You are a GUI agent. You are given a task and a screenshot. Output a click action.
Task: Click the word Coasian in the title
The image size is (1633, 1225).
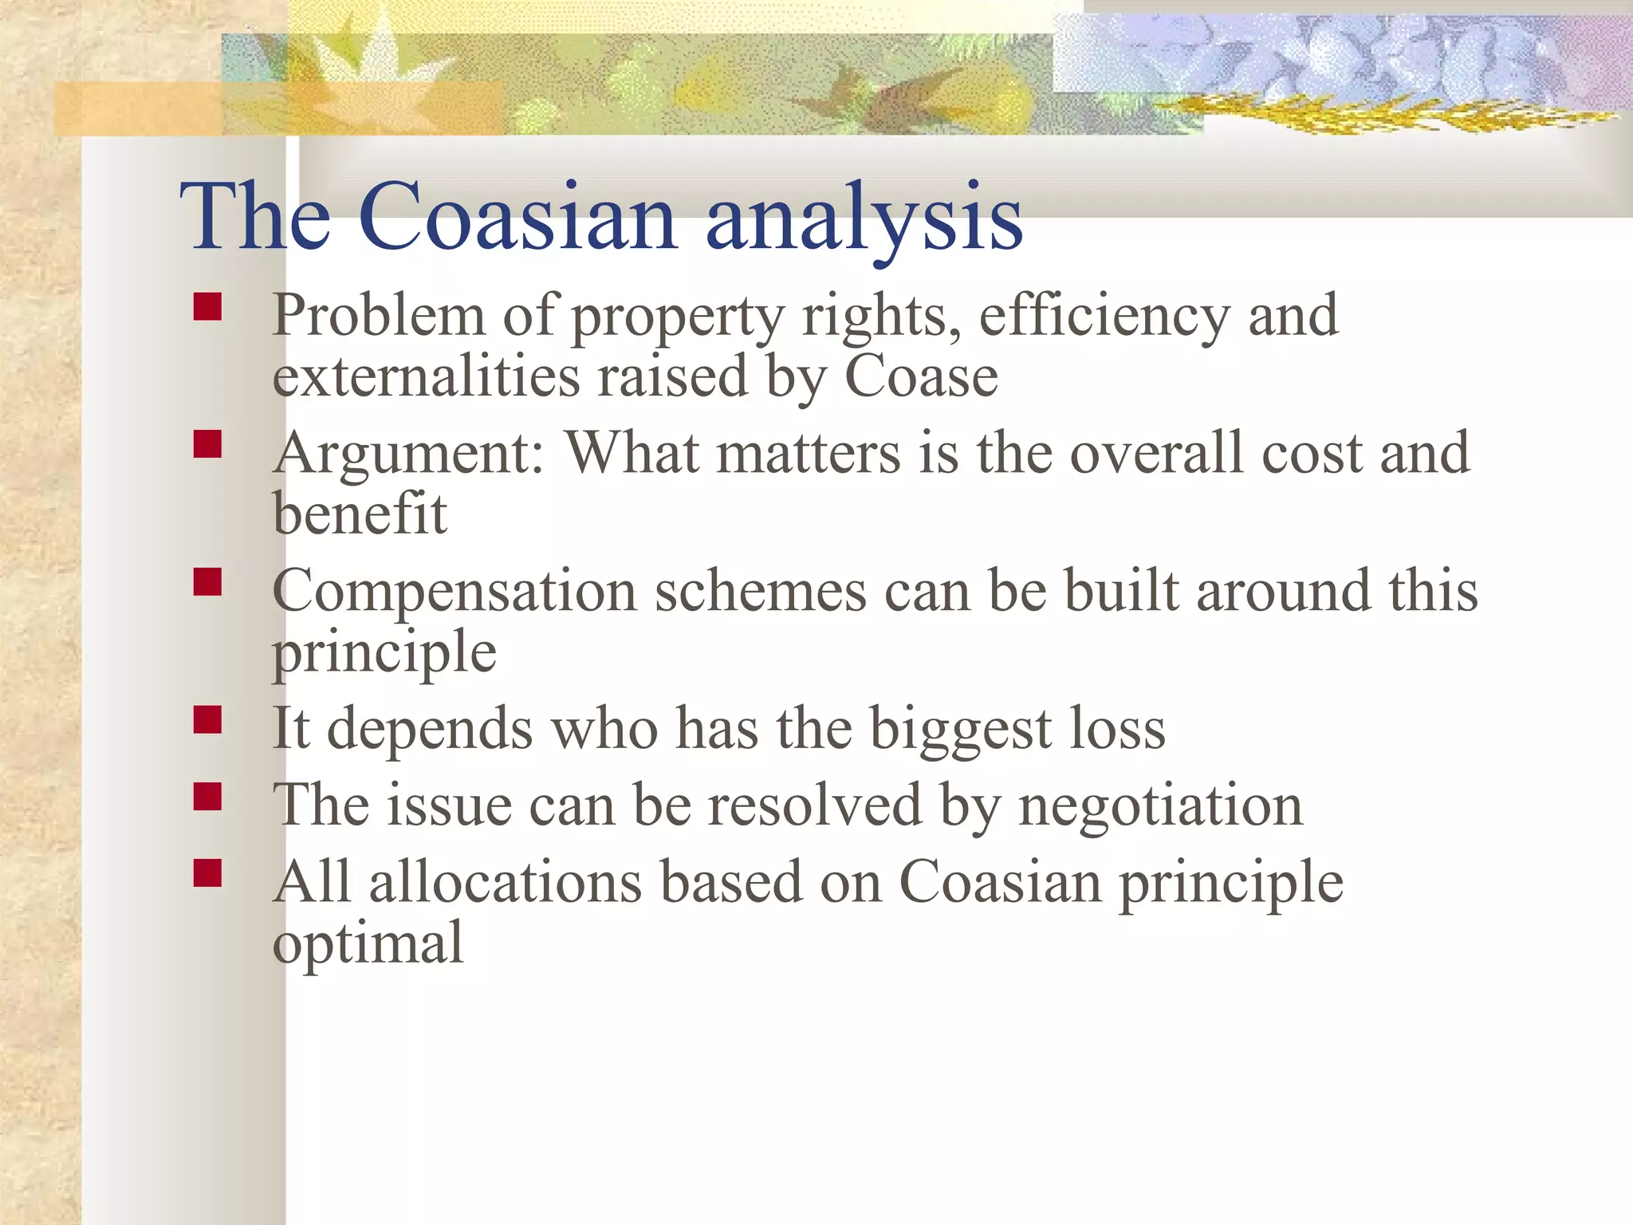[517, 217]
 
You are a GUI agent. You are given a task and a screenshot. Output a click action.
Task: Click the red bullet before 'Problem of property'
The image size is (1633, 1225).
[207, 307]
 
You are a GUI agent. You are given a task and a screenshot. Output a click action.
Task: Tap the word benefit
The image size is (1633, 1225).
[360, 514]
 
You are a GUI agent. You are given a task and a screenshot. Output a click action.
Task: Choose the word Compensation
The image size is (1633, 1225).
[454, 593]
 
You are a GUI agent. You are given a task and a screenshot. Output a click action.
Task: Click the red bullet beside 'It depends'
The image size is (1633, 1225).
[207, 720]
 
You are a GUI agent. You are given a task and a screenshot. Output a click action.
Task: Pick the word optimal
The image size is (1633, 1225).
[368, 943]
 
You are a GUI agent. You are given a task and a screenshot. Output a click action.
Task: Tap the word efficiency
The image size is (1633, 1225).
[1104, 316]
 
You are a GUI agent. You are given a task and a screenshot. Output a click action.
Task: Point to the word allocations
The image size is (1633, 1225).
[506, 883]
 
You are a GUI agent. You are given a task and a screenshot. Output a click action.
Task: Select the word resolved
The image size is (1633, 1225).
[815, 806]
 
